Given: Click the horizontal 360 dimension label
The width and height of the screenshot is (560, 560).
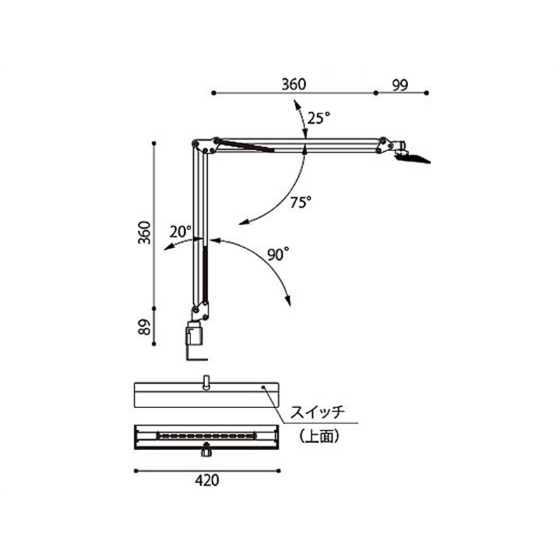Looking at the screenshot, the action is (x=293, y=85).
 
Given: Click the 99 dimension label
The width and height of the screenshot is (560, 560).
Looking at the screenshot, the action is (x=400, y=85).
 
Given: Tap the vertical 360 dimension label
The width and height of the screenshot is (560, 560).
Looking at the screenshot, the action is (x=145, y=232).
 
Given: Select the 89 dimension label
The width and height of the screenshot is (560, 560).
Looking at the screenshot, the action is (x=145, y=327).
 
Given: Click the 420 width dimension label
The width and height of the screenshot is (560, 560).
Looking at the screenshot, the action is (x=207, y=480).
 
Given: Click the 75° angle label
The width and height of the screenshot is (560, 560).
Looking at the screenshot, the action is (x=301, y=202).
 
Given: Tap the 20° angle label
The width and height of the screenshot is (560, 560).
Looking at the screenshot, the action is (x=181, y=232).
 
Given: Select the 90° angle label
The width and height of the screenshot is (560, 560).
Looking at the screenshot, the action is (x=278, y=255).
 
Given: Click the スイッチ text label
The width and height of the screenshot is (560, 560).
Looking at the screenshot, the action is (x=318, y=412).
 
